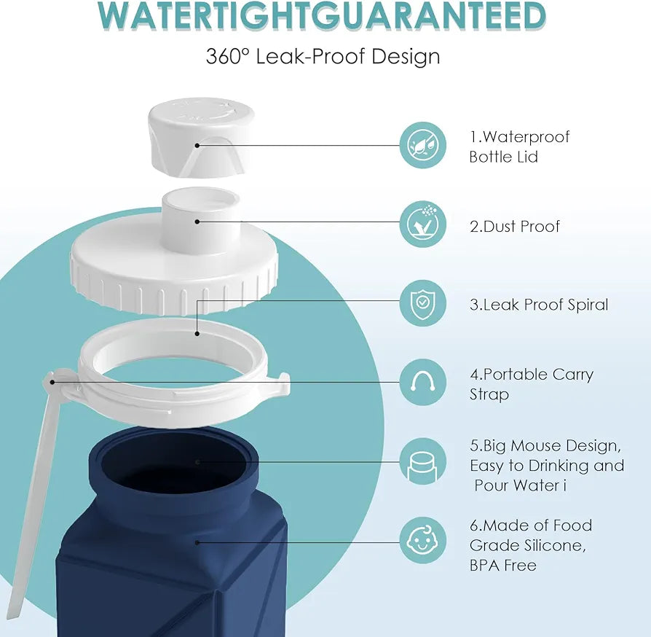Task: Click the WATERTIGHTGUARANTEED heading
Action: [322, 16]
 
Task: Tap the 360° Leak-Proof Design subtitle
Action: [323, 56]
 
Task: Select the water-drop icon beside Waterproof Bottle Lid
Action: [422, 146]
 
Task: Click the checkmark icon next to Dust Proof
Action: [422, 224]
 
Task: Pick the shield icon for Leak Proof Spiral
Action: [422, 303]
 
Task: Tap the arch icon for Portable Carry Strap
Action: [422, 383]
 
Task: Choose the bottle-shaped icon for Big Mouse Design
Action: [422, 461]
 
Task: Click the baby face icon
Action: [422, 540]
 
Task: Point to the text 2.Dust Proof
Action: [515, 227]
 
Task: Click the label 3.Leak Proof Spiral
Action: [539, 305]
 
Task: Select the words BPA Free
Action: [502, 566]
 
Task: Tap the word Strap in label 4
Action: [489, 394]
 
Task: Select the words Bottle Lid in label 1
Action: [503, 157]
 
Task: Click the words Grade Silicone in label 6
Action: [527, 545]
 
